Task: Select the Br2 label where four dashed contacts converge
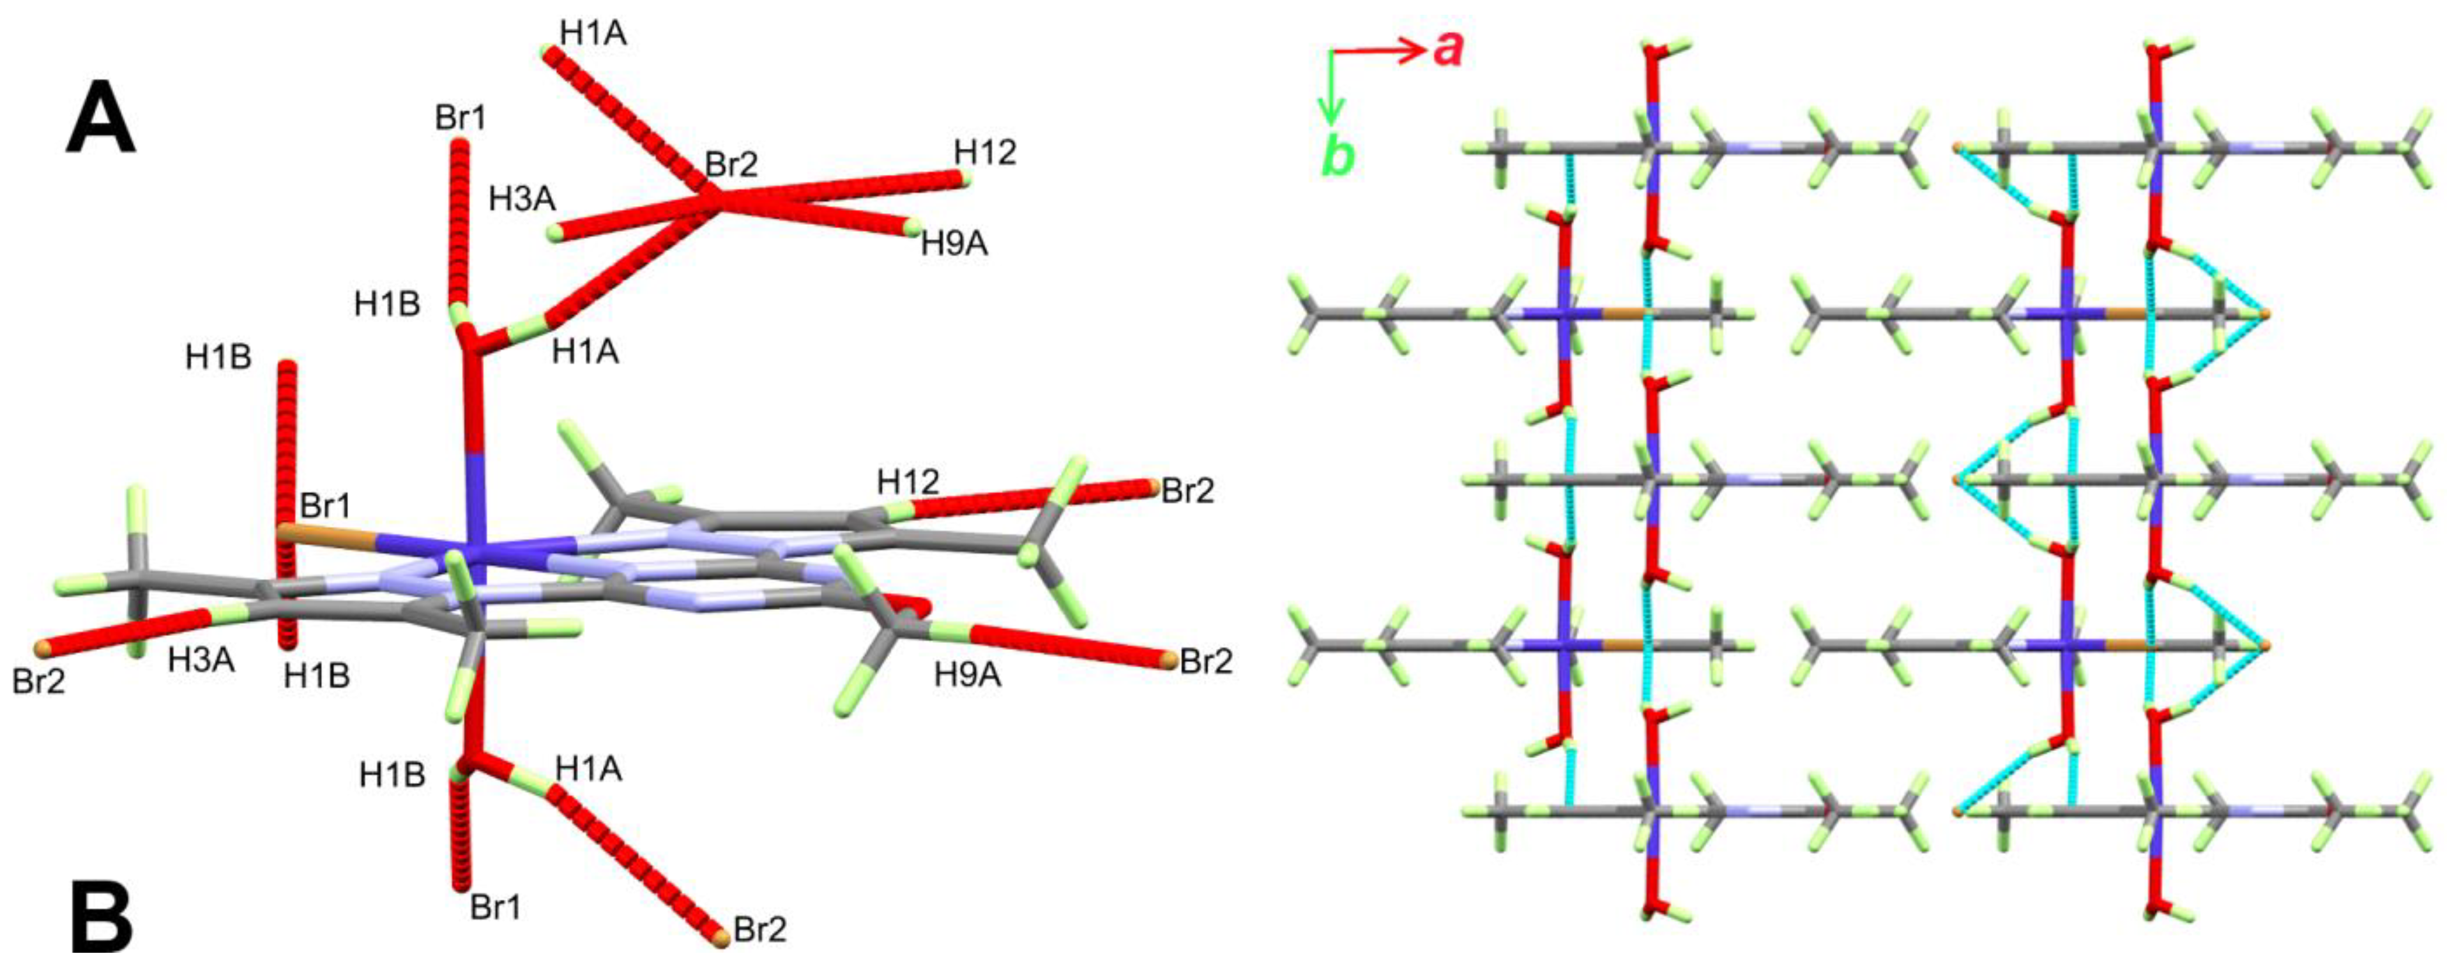coord(731,164)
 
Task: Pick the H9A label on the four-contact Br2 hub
coord(955,244)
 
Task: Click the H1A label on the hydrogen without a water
coord(593,33)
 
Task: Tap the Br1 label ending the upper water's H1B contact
coord(461,117)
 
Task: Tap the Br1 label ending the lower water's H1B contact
coord(496,908)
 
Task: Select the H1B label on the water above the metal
coord(388,305)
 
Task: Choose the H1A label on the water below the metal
coord(589,769)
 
